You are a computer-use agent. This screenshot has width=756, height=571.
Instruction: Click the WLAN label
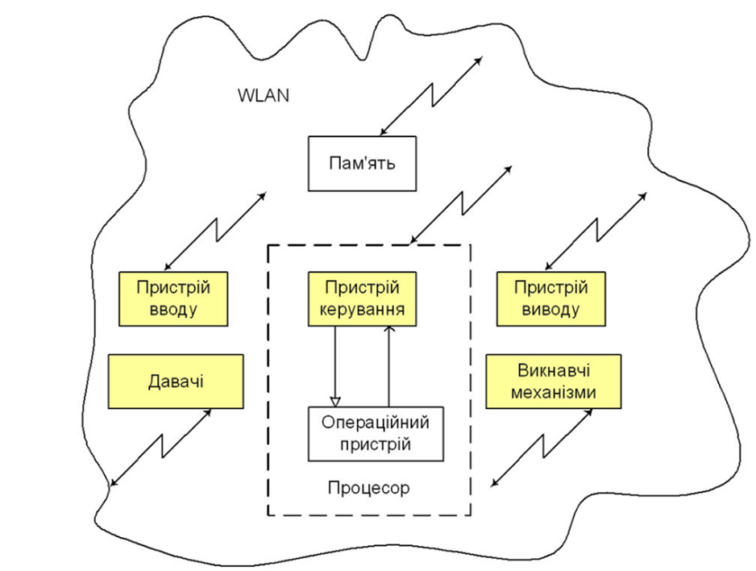click(264, 94)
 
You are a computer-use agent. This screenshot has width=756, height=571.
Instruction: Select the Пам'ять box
click(362, 164)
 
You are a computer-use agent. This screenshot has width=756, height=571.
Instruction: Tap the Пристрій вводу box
click(173, 298)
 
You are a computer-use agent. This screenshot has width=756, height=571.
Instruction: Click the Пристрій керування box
click(362, 298)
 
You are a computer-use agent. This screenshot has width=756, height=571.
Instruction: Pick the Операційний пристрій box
click(376, 433)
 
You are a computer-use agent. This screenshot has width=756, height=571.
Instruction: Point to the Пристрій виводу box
click(549, 298)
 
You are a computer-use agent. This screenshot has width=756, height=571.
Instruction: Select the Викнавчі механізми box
click(553, 381)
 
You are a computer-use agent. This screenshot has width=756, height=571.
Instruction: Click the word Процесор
click(369, 487)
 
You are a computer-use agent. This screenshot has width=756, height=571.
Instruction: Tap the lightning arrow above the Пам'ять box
click(431, 95)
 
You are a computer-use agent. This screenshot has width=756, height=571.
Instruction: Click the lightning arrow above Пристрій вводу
click(214, 231)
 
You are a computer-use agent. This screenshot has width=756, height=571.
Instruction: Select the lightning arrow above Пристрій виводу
click(596, 231)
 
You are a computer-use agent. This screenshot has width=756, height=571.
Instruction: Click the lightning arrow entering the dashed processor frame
click(460, 203)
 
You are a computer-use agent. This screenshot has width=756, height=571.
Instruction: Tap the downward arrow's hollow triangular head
click(336, 400)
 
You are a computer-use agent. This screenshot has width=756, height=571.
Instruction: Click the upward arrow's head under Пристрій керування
click(388, 330)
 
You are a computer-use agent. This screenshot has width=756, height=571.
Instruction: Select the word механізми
click(553, 394)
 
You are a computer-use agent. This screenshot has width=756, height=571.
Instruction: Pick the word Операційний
click(376, 423)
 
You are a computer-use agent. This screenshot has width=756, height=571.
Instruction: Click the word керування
click(362, 310)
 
